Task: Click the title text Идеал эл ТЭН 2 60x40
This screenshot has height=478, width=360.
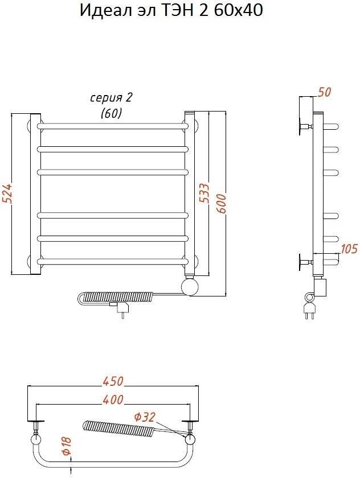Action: pyautogui.click(x=171, y=10)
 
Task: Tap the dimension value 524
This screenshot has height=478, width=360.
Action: pyautogui.click(x=7, y=193)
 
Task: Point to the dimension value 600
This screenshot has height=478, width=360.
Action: pyautogui.click(x=222, y=203)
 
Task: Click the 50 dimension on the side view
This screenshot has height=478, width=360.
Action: pyautogui.click(x=324, y=92)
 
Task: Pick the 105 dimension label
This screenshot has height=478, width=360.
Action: pyautogui.click(x=349, y=249)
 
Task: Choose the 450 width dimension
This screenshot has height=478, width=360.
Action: pyautogui.click(x=113, y=381)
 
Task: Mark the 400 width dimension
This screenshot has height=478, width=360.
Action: pyautogui.click(x=113, y=399)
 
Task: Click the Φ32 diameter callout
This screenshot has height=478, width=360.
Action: pyautogui.click(x=145, y=417)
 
